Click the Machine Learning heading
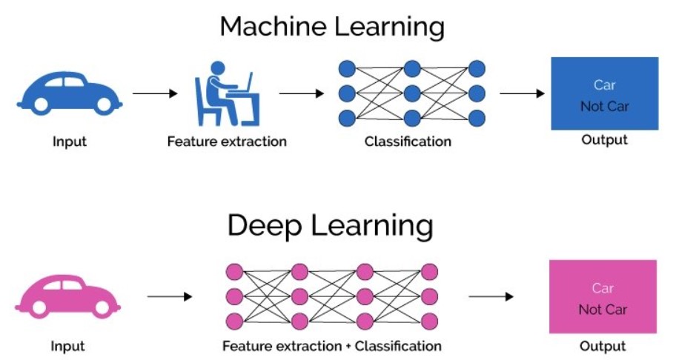click(332, 27)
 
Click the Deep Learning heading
click(331, 225)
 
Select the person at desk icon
click(226, 93)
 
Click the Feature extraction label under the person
click(227, 141)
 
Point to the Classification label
click(408, 141)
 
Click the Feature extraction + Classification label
click(332, 345)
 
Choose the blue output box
click(604, 93)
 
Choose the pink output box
click(602, 296)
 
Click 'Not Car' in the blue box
click(604, 106)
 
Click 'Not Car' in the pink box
click(602, 309)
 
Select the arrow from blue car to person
click(155, 94)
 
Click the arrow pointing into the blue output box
click(523, 94)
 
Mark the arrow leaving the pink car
click(170, 296)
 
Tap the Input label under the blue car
click(70, 141)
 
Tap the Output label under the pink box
click(603, 346)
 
